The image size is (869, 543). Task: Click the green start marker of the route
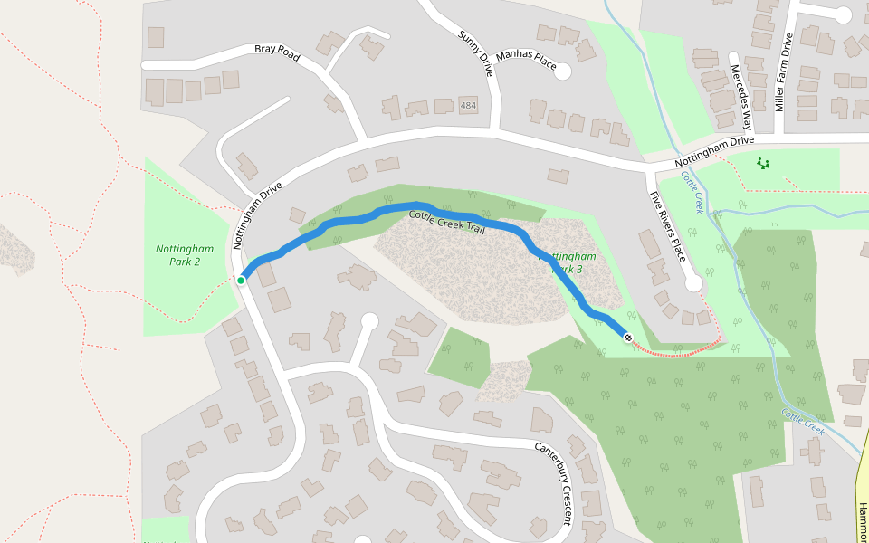(241, 281)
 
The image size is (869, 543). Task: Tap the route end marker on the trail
(628, 337)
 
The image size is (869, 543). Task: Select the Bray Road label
(276, 49)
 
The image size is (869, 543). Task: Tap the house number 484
(467, 106)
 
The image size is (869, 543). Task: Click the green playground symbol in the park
(763, 164)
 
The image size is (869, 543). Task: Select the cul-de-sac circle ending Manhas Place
(563, 71)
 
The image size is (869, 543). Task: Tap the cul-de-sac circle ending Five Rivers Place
(693, 283)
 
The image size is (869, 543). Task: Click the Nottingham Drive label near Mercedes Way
(715, 153)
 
